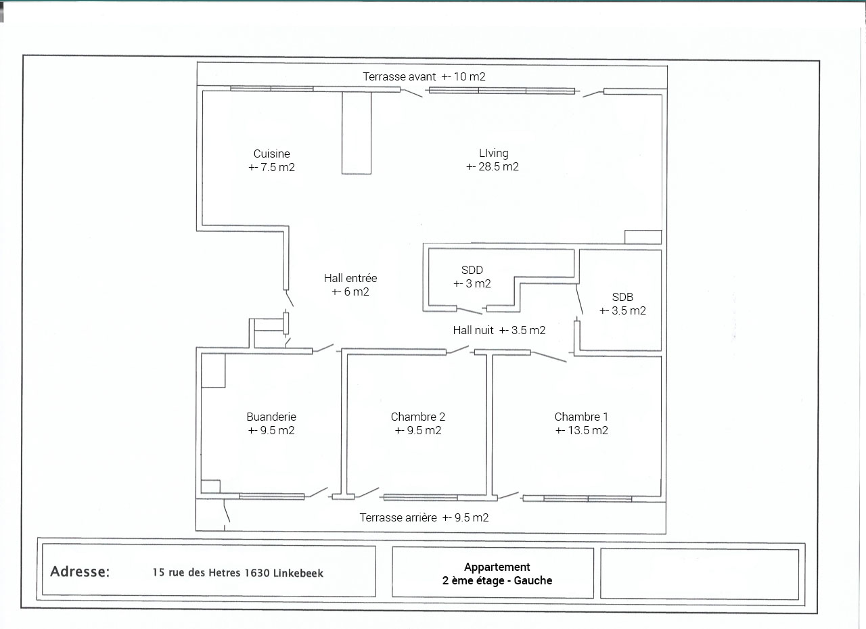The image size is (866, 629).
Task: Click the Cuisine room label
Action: [271, 154]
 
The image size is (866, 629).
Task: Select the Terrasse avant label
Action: [399, 76]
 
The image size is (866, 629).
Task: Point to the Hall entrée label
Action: [350, 278]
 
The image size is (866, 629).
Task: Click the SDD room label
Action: [472, 270]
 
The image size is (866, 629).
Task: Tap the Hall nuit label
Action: [473, 330]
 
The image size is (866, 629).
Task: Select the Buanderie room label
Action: [271, 417]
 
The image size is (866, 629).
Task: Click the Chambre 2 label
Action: [418, 417]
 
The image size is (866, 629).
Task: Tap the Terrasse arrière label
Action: [398, 517]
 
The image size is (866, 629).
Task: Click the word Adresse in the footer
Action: [80, 572]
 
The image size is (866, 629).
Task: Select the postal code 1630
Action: [256, 573]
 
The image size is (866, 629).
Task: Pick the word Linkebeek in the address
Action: [298, 573]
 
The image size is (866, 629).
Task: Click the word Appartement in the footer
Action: [497, 567]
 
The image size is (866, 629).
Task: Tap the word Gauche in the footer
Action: [532, 581]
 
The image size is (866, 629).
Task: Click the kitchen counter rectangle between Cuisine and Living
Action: [357, 133]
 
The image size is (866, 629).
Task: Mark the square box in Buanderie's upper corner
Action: [213, 371]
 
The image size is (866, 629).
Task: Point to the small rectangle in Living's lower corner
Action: [643, 237]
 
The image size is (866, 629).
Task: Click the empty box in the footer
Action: [700, 574]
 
